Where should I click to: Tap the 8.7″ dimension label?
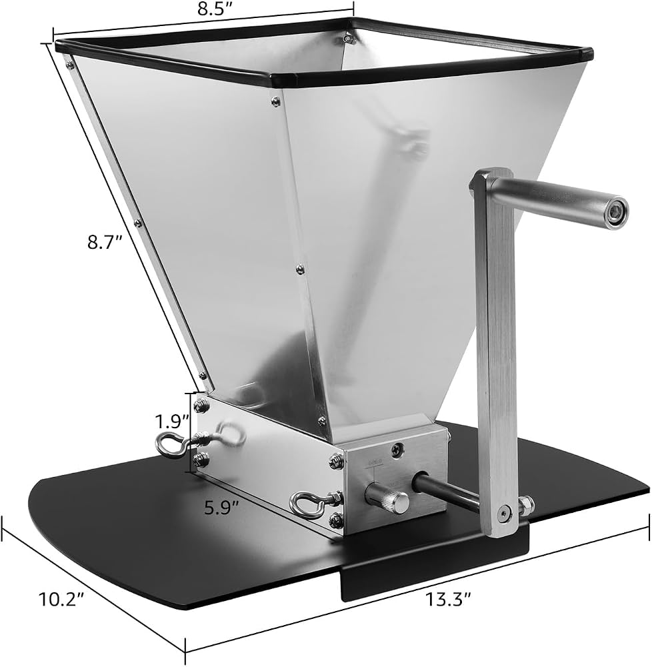click(x=105, y=243)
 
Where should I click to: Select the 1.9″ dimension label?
click(x=171, y=422)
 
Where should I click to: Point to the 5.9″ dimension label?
click(x=221, y=508)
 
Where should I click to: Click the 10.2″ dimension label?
click(x=61, y=600)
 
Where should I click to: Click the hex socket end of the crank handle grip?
click(x=615, y=211)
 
